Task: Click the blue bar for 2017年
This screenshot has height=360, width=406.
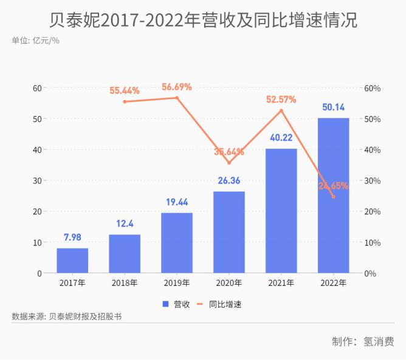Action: tap(72, 260)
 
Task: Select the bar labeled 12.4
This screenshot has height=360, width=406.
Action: tap(125, 254)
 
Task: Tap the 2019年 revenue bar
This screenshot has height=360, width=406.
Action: tap(177, 243)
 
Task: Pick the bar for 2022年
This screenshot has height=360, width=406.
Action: tap(333, 195)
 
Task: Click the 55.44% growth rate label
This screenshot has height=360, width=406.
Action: tap(125, 90)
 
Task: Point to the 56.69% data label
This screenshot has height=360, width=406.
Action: tap(177, 87)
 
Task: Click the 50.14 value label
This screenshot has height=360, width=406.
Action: tap(333, 107)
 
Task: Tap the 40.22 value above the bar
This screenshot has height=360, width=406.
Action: tap(281, 138)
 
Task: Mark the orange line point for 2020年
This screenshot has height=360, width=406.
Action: tap(229, 163)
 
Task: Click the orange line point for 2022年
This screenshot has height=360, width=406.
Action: tap(333, 197)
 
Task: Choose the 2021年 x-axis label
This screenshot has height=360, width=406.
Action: tap(281, 283)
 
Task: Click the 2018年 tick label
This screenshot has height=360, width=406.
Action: tap(125, 283)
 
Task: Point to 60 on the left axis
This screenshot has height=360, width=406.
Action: tap(38, 88)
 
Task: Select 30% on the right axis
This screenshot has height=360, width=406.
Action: tap(372, 181)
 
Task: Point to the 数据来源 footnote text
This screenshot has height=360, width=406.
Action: tap(67, 317)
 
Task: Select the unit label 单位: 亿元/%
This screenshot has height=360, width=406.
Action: tap(35, 41)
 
